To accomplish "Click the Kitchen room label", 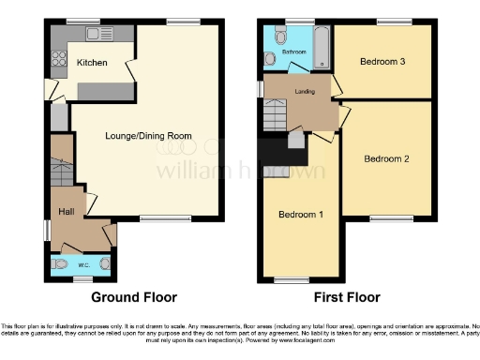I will pos(92,63).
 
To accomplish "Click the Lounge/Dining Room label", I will pos(148,136).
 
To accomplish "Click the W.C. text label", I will pos(82,264).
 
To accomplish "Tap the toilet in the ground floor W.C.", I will pos(60,265).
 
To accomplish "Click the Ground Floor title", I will pos(133,297).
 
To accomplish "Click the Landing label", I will pos(303,92).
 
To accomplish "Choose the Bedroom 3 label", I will pos(382,62).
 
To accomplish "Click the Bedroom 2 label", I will pos(387,158).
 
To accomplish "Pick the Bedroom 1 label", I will pos(301,215).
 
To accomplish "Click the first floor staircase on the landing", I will pos(276,117).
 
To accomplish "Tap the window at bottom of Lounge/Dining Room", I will pos(156,219).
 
